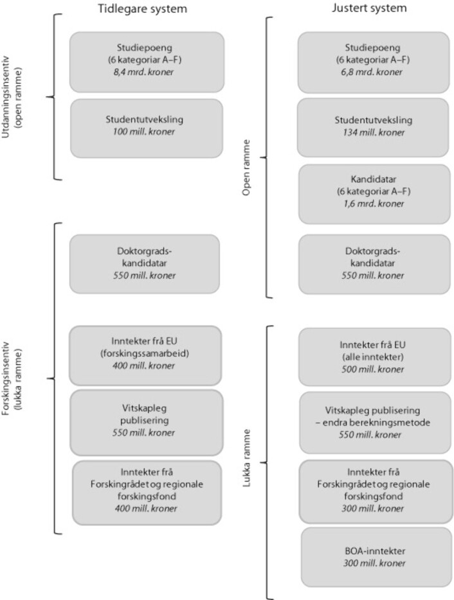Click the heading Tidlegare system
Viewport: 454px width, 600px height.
143,9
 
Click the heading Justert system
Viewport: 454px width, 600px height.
369,8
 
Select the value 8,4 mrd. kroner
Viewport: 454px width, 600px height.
143,72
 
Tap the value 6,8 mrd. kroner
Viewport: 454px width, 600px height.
372,72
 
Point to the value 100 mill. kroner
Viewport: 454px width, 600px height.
143,132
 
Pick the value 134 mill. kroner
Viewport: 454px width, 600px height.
374,132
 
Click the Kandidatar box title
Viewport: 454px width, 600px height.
374,179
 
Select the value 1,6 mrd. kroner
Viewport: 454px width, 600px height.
374,204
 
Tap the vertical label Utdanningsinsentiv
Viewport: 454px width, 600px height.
6,98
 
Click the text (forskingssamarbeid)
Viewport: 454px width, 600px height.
145,353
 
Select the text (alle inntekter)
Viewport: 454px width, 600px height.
373,357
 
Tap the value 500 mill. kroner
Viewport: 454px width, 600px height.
373,369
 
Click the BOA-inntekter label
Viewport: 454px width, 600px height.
375,551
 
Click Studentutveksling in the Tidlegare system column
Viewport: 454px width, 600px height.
145,119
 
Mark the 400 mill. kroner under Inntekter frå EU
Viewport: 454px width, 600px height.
143,366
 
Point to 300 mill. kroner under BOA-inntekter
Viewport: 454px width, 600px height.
374,563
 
